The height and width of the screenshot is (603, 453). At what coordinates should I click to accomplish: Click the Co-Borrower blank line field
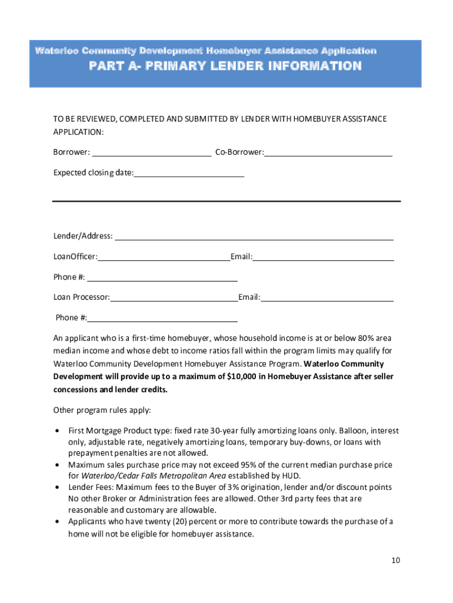click(328, 153)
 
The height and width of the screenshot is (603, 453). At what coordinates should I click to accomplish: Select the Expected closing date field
click(189, 173)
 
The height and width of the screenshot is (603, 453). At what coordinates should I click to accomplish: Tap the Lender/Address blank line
click(254, 236)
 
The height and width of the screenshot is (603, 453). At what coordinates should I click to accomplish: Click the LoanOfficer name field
click(164, 257)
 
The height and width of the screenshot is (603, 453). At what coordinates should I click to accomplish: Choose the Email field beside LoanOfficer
click(323, 257)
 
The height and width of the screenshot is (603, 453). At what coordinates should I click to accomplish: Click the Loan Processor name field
click(174, 297)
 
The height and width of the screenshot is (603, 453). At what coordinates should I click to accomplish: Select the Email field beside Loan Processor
click(327, 297)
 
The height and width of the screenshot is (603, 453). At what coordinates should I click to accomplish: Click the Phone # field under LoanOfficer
click(162, 277)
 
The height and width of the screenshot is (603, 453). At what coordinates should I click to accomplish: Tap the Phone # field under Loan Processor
click(162, 318)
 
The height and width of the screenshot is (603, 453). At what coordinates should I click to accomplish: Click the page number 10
click(396, 560)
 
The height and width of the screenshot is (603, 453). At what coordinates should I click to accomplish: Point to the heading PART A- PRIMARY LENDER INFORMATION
click(225, 66)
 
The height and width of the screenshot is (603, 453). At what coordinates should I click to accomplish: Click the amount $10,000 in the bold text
click(244, 376)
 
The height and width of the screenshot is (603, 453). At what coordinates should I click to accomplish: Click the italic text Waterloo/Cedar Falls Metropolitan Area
click(154, 476)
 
